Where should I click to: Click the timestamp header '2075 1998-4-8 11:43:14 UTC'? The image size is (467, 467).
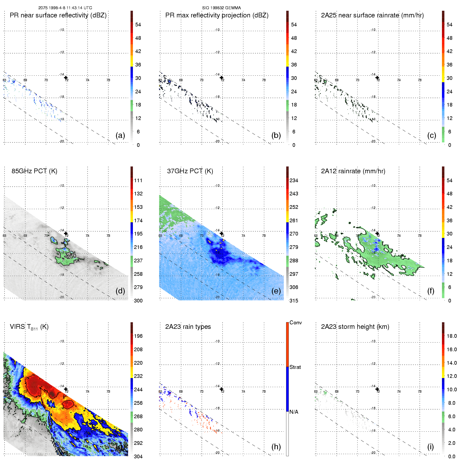[65, 8]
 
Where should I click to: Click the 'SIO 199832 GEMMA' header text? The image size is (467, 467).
[221, 8]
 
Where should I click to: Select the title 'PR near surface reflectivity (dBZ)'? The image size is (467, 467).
[58, 15]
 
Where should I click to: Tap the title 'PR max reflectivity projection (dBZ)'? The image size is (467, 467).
[217, 15]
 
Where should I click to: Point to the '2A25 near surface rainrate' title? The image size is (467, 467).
[372, 15]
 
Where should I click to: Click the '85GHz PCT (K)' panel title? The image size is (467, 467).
[34, 171]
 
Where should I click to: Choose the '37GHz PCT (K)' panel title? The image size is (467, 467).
[190, 171]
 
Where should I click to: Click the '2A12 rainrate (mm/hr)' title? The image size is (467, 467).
[353, 171]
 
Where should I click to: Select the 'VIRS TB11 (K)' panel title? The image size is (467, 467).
[29, 327]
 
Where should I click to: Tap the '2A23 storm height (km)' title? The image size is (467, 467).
[355, 327]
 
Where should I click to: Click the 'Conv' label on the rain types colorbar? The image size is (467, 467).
[296, 322]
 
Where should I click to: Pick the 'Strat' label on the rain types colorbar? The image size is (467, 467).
[295, 367]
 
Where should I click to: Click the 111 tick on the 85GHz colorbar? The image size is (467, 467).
[138, 180]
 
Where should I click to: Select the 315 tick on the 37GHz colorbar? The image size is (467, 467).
[294, 301]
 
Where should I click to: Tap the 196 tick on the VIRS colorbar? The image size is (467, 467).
[138, 336]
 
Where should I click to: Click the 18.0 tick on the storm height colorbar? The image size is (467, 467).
[452, 336]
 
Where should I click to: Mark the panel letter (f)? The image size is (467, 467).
[431, 291]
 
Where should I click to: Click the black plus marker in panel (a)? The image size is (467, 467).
[66, 78]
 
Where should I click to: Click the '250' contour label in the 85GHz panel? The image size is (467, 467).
[71, 256]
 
